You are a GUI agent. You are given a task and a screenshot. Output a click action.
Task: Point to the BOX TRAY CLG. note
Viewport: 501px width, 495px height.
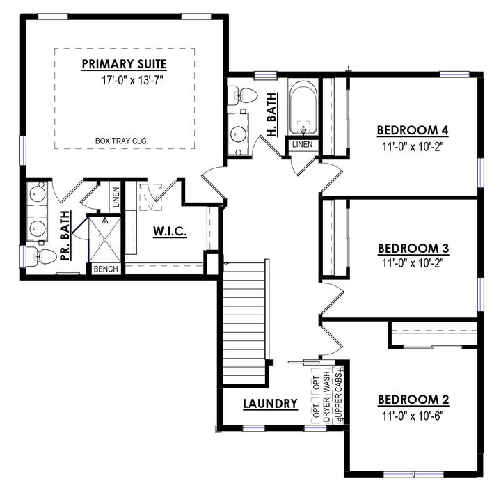[122, 141]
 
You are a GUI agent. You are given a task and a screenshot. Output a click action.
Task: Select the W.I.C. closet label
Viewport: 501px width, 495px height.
[169, 231]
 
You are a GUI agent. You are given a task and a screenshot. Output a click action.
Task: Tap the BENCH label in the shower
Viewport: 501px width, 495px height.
[105, 269]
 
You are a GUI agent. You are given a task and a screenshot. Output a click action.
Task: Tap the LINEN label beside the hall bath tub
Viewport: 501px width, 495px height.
[303, 145]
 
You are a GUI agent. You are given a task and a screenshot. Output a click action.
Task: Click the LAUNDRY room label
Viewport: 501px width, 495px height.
[271, 403]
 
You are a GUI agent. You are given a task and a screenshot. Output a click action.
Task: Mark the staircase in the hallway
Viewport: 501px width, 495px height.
[244, 321]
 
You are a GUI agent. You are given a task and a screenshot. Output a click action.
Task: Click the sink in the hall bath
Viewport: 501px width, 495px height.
[239, 134]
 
